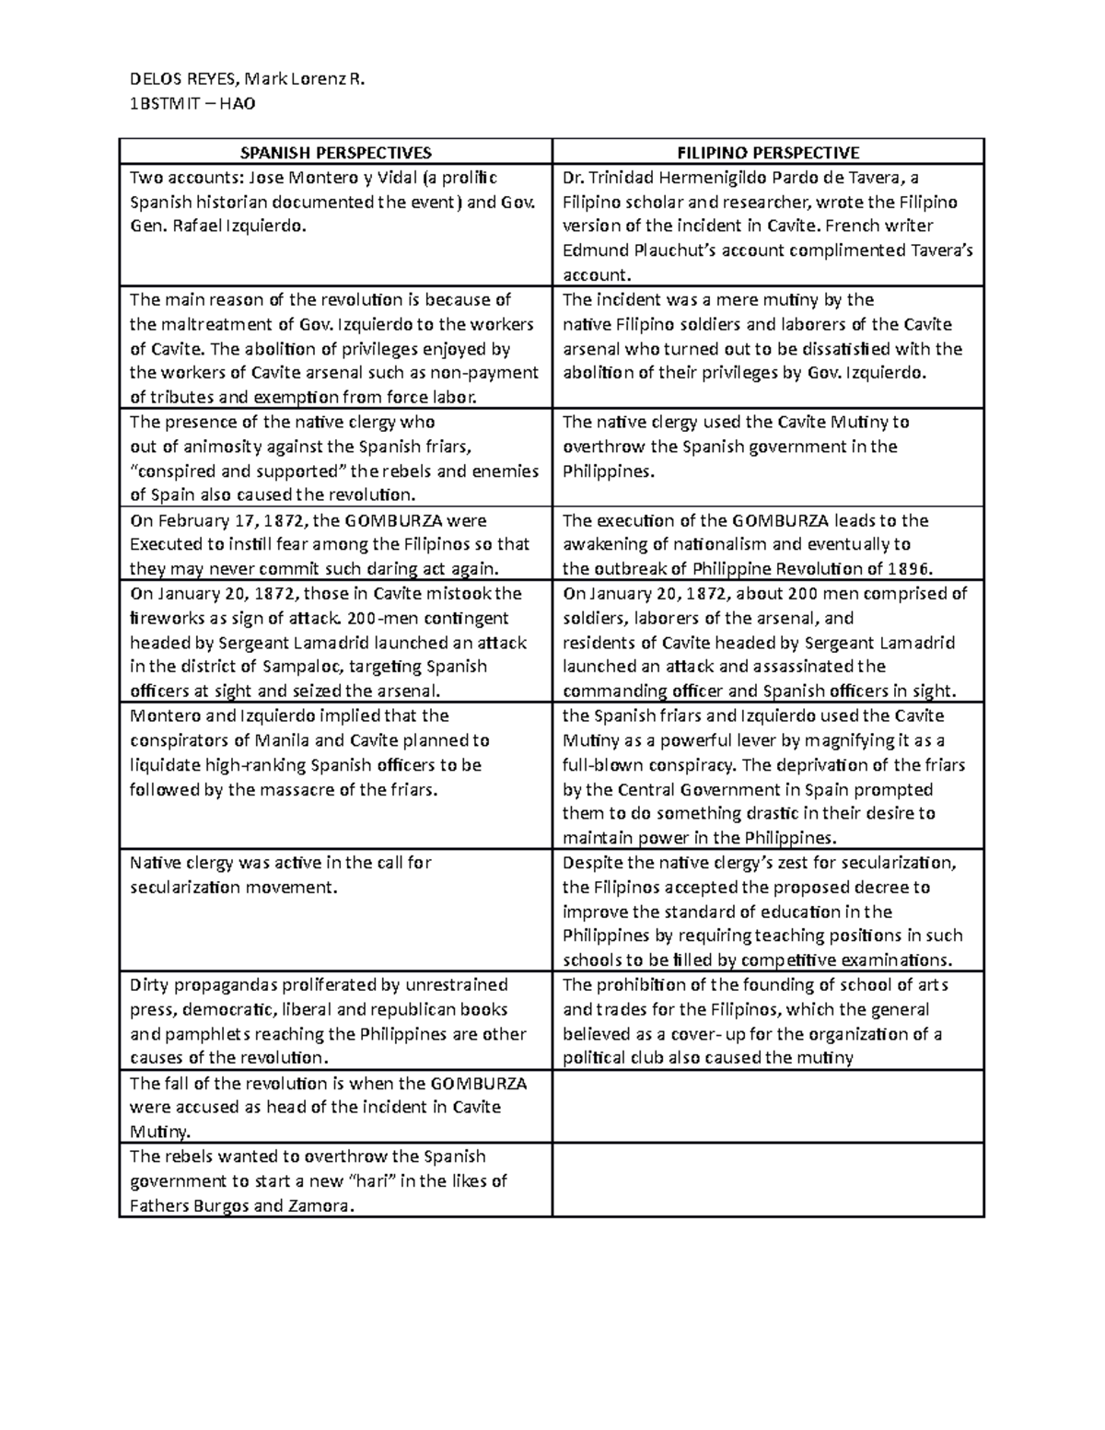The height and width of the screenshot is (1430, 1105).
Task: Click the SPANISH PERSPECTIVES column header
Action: pyautogui.click(x=335, y=153)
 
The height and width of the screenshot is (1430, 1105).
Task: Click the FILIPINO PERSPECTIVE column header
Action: pyautogui.click(x=768, y=153)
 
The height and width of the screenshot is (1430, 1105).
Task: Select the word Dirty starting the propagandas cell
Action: pyautogui.click(x=149, y=985)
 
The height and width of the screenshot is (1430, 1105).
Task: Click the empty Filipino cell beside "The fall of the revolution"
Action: pyautogui.click(x=768, y=1107)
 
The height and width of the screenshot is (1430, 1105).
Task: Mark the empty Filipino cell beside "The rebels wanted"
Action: pyautogui.click(x=768, y=1180)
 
